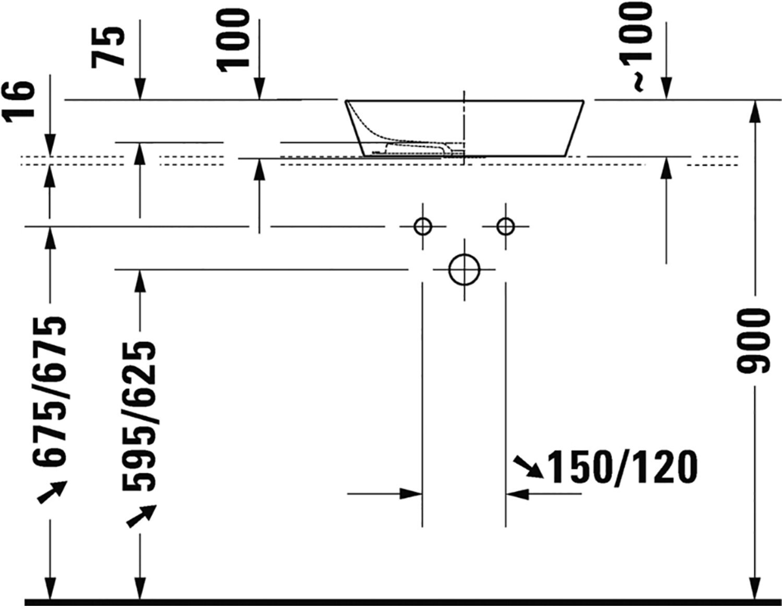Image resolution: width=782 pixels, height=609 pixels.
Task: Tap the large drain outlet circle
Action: pos(464,270)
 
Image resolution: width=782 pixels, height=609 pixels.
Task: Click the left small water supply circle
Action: pos(422,226)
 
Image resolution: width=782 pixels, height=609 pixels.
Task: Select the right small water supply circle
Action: pos(505,226)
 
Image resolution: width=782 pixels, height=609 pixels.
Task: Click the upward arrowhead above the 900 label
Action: pos(754,109)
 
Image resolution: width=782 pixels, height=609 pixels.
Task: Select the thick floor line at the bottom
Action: pos(391,603)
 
